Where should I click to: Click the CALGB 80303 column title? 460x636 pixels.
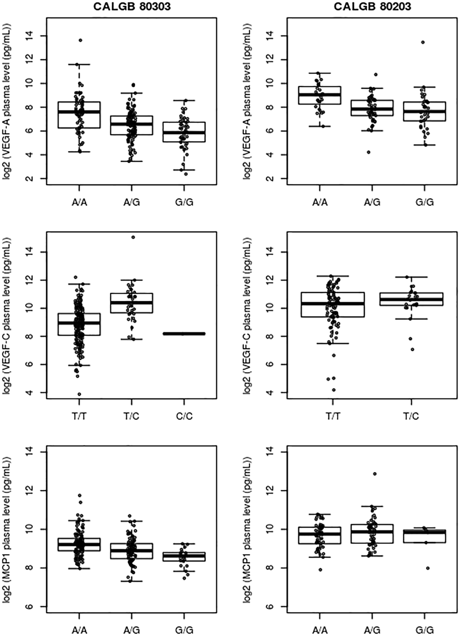pos(132,6)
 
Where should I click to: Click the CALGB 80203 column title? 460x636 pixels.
pos(372,6)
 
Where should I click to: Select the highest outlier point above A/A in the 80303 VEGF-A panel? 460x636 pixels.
pos(80,40)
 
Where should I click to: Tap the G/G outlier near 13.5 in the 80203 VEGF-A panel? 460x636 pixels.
pos(423,42)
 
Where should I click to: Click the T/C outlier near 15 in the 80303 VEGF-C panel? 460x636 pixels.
pos(133,237)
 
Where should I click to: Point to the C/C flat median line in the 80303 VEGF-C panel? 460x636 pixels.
pos(184,333)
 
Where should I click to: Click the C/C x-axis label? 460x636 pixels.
pos(184,416)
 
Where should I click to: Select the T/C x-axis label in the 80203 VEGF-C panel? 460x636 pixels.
pos(411,416)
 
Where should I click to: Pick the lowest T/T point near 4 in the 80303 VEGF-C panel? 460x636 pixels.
pos(79,394)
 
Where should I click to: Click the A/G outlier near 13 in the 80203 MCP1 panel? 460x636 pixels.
pos(374,474)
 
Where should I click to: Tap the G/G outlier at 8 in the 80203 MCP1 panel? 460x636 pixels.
pos(428,568)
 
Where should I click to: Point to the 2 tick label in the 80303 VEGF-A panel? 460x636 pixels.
pos(33,178)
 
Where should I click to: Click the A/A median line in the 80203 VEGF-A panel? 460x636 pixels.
pos(320,94)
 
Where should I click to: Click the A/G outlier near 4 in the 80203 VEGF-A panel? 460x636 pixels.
pos(368,152)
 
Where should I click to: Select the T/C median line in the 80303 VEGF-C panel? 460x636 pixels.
pos(132,302)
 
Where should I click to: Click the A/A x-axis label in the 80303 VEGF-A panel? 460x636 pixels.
pos(79,203)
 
